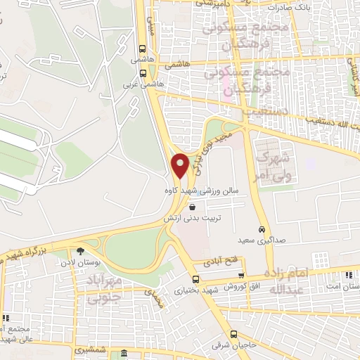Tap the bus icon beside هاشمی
143,50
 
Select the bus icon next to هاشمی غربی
143,72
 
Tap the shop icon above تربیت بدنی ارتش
193,206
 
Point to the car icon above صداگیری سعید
262,230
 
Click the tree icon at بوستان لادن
81,251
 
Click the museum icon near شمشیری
124,353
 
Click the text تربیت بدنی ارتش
188,218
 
